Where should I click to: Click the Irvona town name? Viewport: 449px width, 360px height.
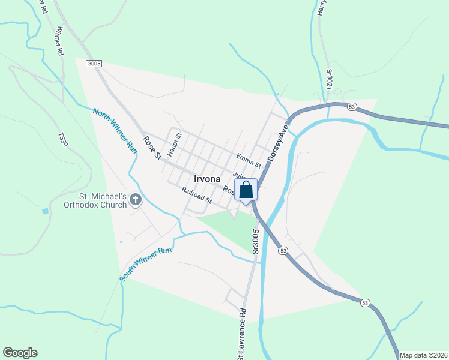tap(207, 179)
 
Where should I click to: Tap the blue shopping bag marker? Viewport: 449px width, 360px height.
tap(246, 190)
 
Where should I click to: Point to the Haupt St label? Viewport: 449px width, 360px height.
tap(174, 145)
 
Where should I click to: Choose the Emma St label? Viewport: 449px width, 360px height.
tap(249, 160)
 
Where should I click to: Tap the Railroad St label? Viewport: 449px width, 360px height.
tap(197, 195)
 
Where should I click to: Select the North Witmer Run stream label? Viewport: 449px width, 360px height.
tap(115, 128)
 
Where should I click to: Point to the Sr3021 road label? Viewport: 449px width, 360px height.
tap(329, 80)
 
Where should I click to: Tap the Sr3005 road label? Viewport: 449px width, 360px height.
tap(256, 240)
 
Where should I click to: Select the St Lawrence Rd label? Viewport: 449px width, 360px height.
tap(241, 333)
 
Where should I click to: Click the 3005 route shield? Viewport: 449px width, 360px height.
tap(94, 64)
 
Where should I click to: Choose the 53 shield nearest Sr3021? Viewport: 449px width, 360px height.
tap(352, 107)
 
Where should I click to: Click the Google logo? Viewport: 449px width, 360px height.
tap(20, 353)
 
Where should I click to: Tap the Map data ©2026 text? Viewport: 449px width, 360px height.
tap(423, 355)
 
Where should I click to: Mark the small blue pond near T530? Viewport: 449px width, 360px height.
tap(45, 211)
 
